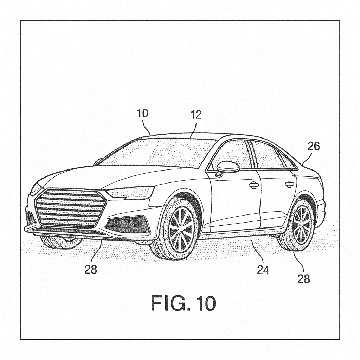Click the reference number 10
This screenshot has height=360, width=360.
click(143, 114)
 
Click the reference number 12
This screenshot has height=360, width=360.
click(196, 115)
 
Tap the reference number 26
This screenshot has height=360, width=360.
click(314, 146)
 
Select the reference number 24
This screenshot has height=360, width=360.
click(263, 270)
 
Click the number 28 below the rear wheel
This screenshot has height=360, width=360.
click(304, 279)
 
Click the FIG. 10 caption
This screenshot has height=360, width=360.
click(183, 303)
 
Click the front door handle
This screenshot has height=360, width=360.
click(254, 185)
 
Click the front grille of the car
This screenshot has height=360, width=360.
click(70, 208)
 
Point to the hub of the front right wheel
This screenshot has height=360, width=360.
click(181, 229)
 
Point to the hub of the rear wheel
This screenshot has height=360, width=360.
click(302, 224)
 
